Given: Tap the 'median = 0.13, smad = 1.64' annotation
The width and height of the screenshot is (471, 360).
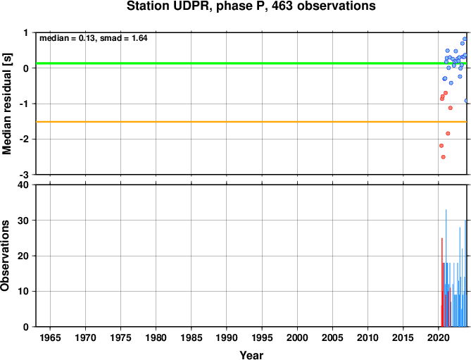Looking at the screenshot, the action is coord(94,38).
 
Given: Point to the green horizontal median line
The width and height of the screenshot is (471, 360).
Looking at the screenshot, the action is coord(251,63).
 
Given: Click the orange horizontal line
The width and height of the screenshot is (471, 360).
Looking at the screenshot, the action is coord(251,122).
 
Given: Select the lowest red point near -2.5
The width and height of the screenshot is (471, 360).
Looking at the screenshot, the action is coord(443,157).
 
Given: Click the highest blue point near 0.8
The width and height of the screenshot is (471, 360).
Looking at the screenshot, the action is coord(465,39).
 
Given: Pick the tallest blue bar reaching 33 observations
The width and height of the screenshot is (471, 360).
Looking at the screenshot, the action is coord(446,268).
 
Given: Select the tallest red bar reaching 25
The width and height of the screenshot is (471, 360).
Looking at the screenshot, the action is coord(442,283).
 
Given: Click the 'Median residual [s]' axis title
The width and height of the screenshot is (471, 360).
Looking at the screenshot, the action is coord(6,104).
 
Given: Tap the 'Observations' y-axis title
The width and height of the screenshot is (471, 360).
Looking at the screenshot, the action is coord(5,256).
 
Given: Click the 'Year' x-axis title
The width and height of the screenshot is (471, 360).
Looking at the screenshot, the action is coord(251,355).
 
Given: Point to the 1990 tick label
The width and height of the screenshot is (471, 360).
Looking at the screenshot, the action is coord(227,337).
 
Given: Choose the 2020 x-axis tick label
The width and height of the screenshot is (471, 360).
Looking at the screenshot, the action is coord(439,337).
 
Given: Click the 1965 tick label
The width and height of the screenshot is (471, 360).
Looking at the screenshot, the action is coord(50,337).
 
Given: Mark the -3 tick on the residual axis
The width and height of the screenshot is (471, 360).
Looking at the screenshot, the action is coord(26,175).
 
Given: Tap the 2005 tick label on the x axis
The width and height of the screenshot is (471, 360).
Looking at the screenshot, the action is coord(332,337).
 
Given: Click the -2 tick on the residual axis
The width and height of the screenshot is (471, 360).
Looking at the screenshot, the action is coord(26,139).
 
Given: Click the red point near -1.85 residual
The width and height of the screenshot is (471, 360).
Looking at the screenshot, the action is coord(448,133).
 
